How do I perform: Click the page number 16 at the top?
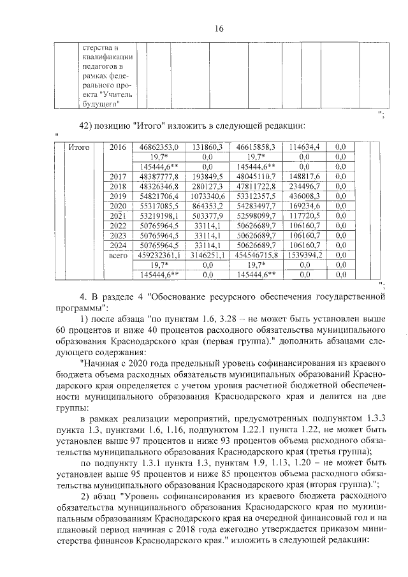tap(219, 29)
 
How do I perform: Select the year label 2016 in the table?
tap(118, 147)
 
